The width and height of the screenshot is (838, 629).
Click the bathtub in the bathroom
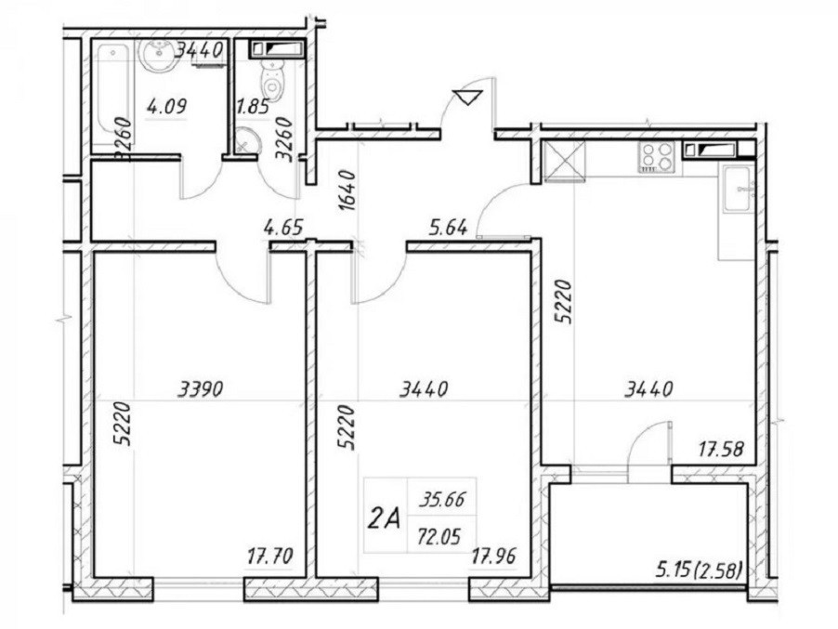[112, 95]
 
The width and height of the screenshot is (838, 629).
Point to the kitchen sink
[738, 190]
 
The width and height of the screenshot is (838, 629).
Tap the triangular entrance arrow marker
[468, 98]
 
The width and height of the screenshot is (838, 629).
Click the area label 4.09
[166, 108]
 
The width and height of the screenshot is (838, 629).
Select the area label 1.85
[253, 109]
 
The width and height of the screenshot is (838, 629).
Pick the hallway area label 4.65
[283, 228]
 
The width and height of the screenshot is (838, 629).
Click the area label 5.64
[449, 228]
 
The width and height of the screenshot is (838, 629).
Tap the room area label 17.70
[270, 557]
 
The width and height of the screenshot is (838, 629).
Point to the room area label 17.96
[493, 557]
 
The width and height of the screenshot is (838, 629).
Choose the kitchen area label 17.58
[721, 449]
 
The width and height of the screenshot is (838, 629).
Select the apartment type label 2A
[384, 518]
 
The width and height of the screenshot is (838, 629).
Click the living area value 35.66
[441, 501]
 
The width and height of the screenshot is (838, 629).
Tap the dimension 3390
[200, 389]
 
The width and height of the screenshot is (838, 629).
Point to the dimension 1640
[347, 190]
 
